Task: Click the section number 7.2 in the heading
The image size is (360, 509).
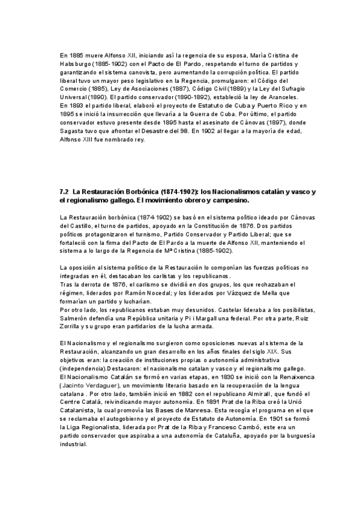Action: (65, 191)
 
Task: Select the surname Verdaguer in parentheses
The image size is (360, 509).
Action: (101, 385)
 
